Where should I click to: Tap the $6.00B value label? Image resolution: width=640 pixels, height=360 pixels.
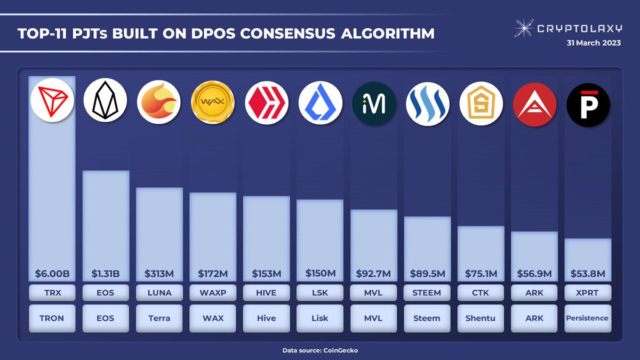point(52,274)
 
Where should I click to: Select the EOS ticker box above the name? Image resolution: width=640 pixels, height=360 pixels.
point(106,293)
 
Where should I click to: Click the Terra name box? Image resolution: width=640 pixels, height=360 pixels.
point(159,318)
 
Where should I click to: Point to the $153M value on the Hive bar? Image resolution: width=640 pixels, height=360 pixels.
point(266,274)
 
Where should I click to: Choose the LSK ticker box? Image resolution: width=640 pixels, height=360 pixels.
point(320,293)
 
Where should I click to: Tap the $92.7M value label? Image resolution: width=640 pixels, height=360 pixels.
point(373,274)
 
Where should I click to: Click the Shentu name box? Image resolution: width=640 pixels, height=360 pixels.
point(481,318)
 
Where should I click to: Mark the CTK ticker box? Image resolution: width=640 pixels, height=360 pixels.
point(481,293)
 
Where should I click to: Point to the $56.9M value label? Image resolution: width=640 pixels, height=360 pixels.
point(534,274)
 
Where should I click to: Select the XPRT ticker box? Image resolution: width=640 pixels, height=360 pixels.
point(587,293)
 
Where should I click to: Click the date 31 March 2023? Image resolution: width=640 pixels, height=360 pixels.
point(594,44)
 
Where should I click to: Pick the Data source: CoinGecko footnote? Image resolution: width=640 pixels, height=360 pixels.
point(320,350)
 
